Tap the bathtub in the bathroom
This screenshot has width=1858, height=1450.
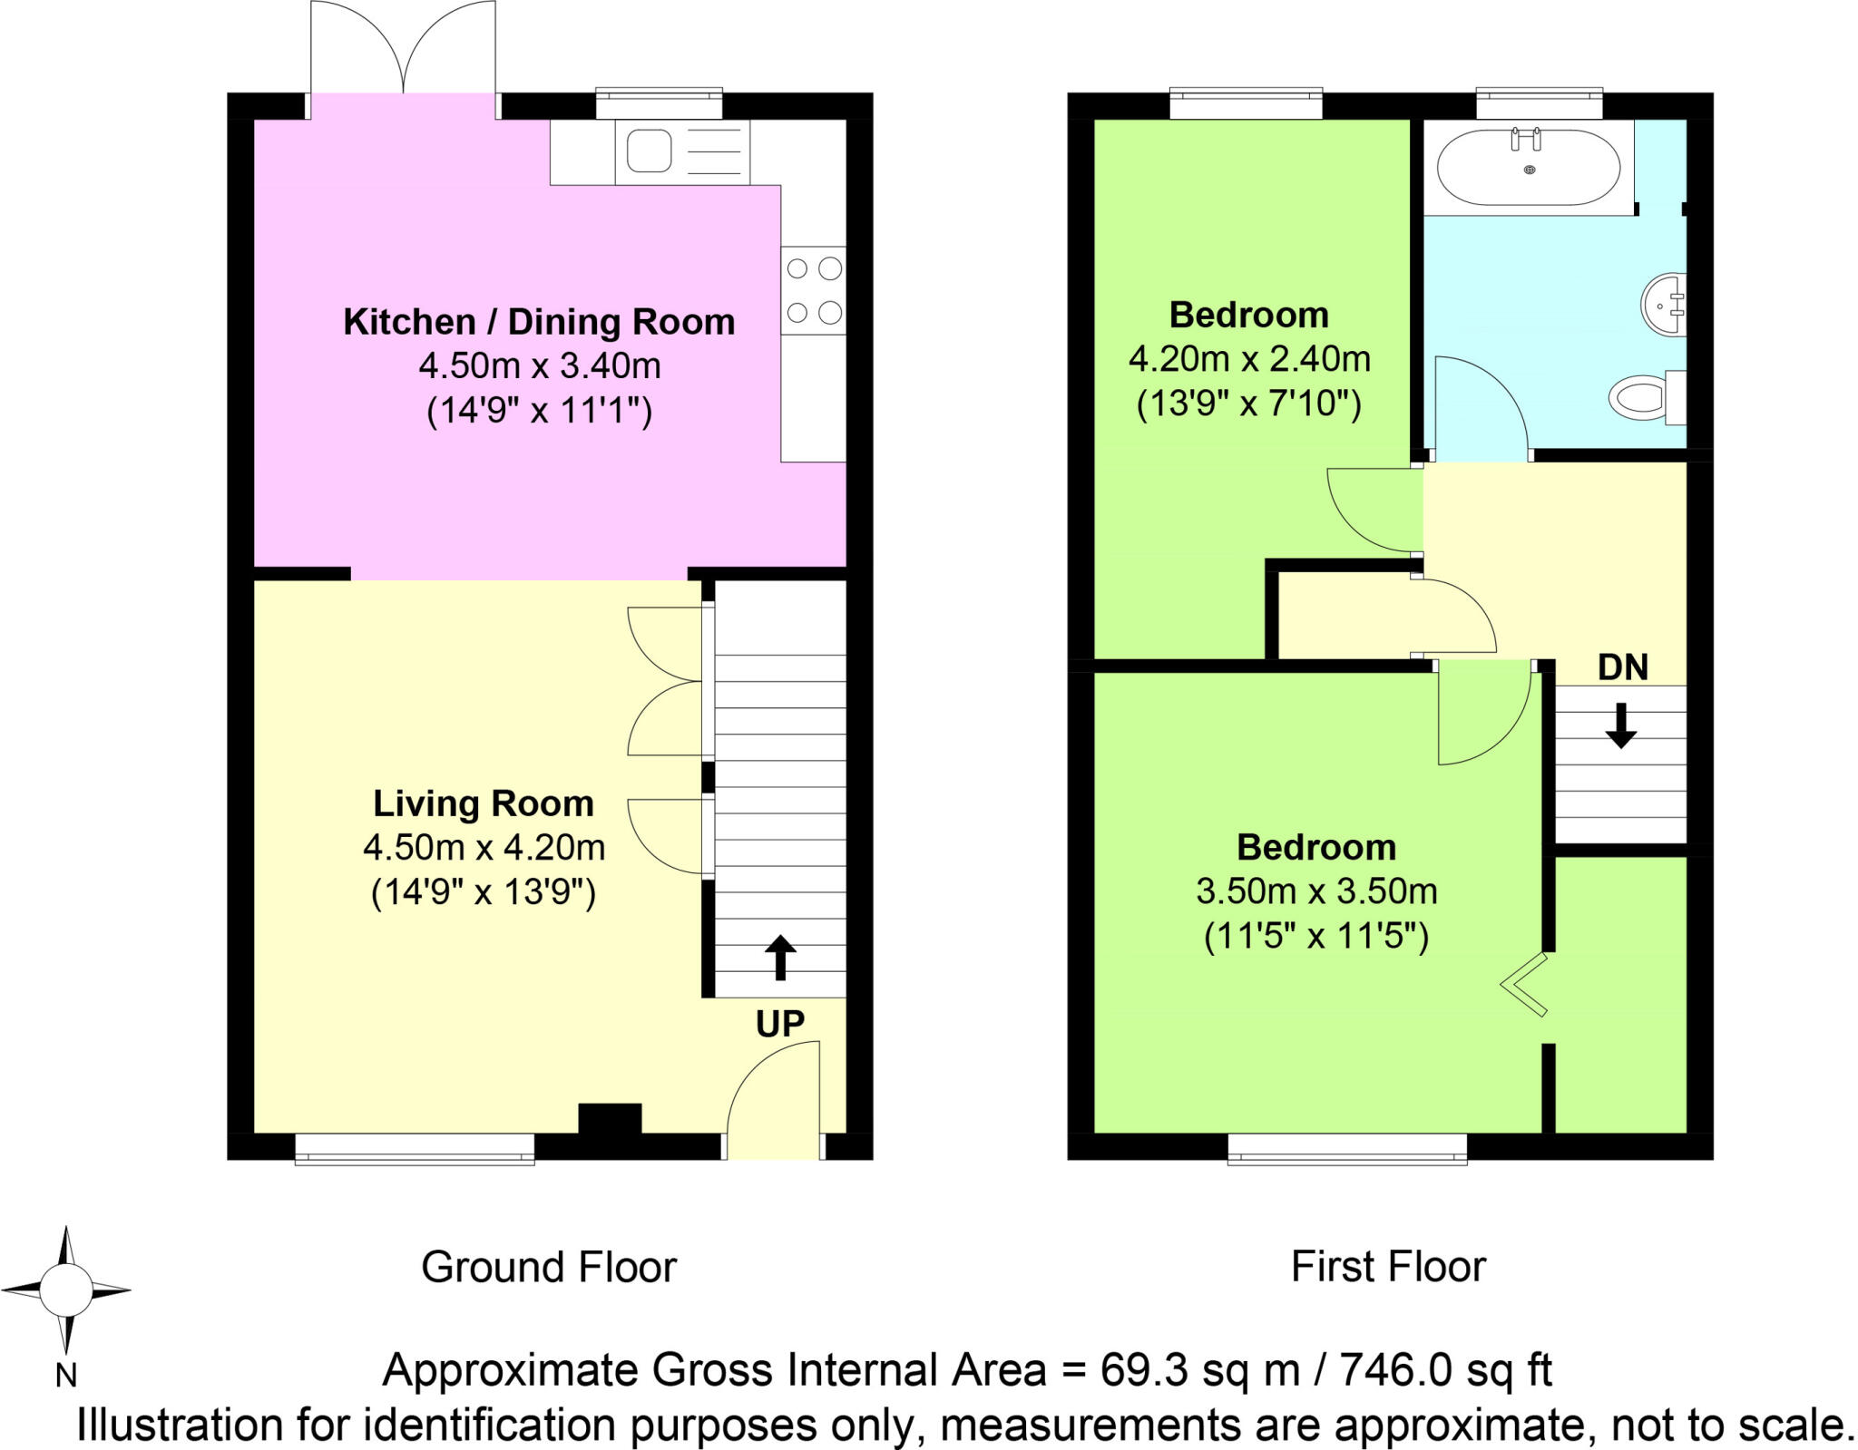[x=1529, y=168]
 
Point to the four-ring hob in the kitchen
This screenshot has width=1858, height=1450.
[x=814, y=291]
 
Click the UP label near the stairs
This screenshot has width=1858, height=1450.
[x=780, y=1024]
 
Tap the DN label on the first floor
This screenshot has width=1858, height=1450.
[x=1622, y=668]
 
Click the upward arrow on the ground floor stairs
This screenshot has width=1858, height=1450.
[x=780, y=957]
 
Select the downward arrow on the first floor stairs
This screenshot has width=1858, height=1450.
[x=1621, y=725]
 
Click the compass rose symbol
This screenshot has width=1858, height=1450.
[x=65, y=1289]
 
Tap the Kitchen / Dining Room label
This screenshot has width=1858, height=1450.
[x=539, y=322]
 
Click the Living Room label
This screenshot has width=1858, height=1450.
[x=484, y=803]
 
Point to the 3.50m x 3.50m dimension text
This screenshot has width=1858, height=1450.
[x=1316, y=891]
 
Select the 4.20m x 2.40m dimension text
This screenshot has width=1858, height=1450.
[x=1249, y=359]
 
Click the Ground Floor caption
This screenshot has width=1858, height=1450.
[x=549, y=1267]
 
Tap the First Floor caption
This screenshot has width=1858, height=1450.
[x=1388, y=1267]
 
